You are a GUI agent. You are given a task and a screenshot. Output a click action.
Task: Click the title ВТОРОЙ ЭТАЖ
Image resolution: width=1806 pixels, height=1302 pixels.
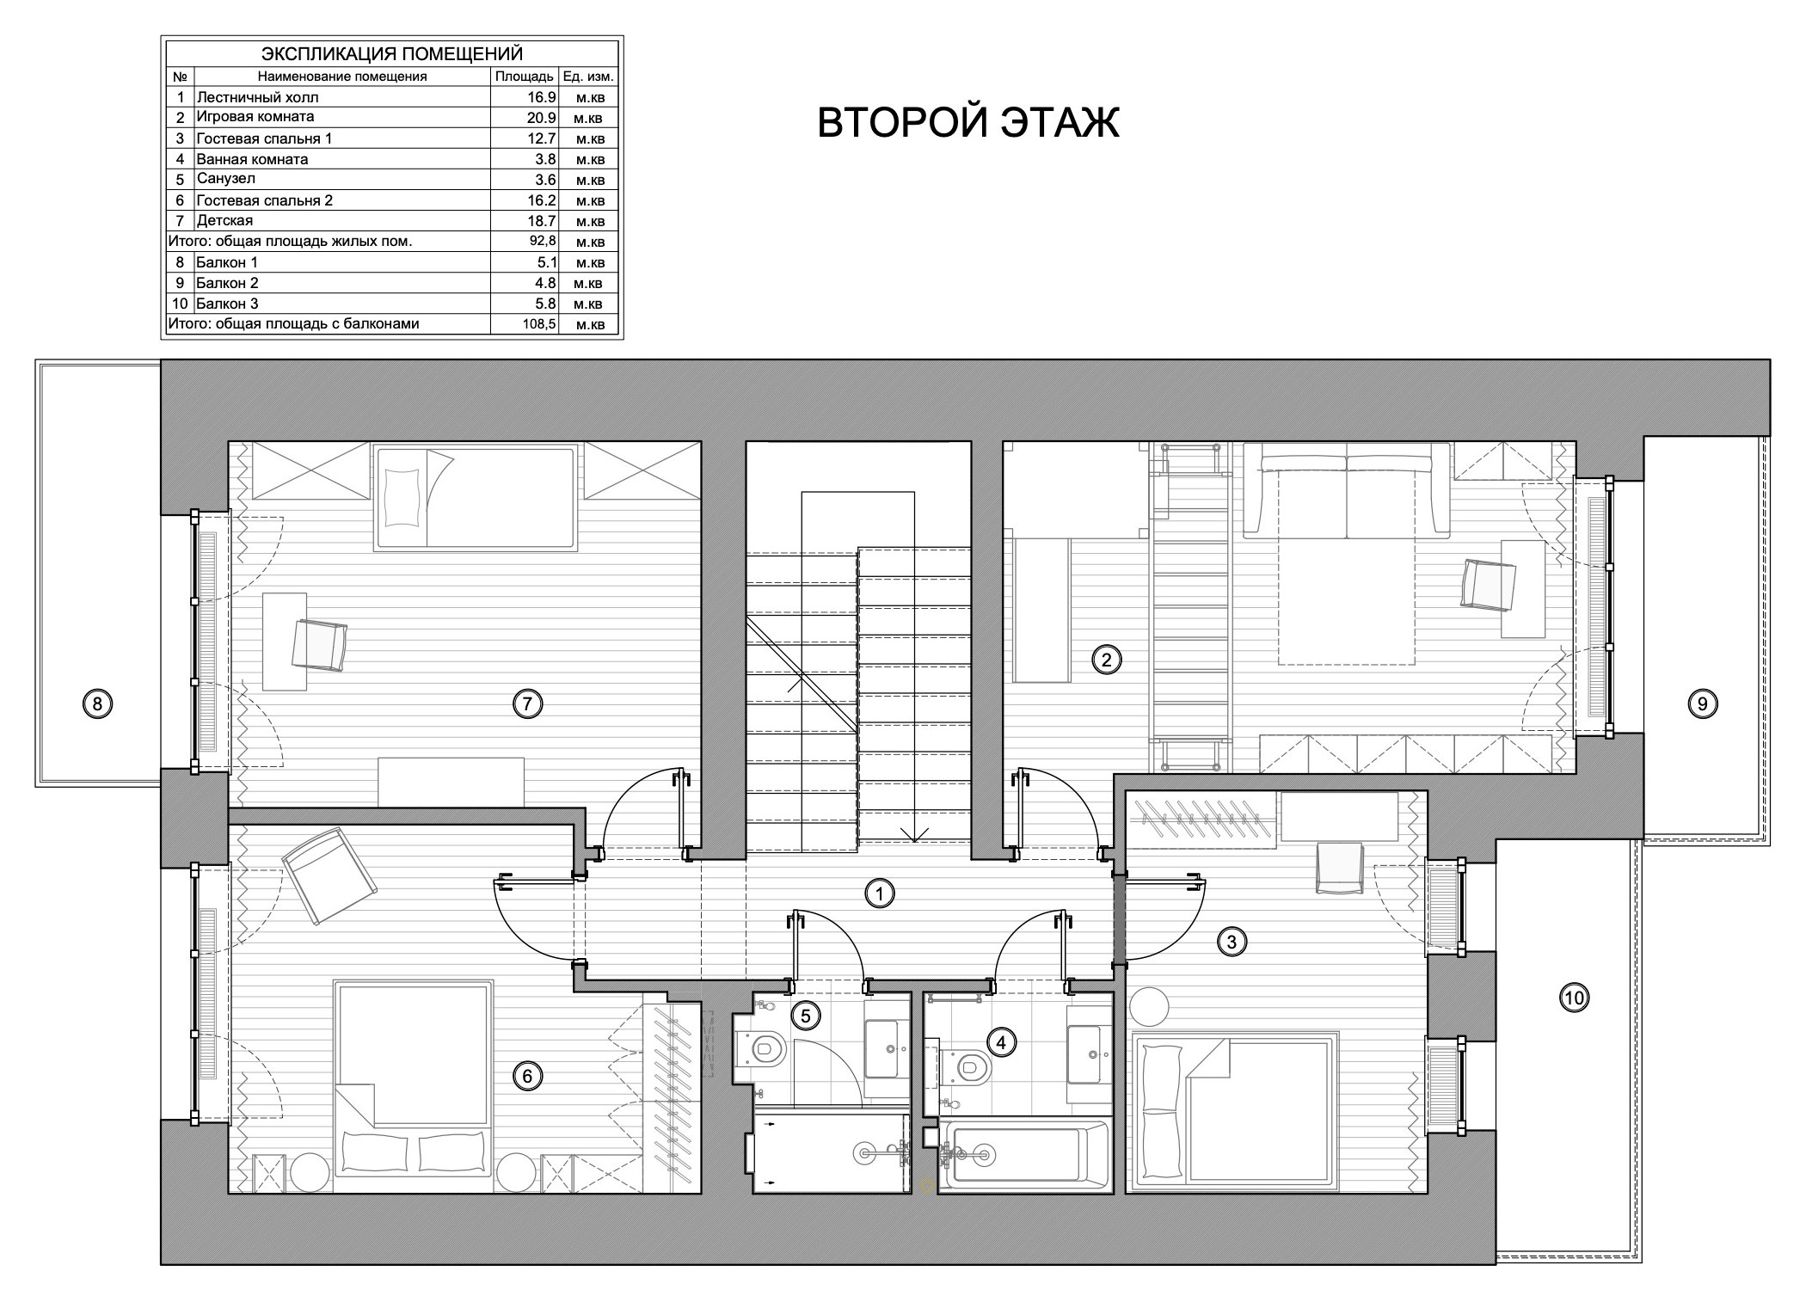pos(967,123)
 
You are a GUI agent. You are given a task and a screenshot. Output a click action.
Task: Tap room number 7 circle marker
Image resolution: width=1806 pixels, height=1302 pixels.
pos(527,704)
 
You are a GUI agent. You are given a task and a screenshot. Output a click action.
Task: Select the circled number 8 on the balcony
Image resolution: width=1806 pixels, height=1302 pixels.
pos(97,705)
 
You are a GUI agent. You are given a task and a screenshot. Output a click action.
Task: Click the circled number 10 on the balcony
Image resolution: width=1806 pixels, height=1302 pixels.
pos(1574,998)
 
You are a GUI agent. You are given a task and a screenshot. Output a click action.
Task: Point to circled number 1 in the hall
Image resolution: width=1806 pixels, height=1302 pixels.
pos(879,894)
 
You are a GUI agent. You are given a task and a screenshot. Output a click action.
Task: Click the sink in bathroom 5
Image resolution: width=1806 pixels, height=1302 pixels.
pos(888,1049)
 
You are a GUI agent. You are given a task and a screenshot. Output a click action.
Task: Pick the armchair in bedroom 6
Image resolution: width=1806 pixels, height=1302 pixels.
pos(329,876)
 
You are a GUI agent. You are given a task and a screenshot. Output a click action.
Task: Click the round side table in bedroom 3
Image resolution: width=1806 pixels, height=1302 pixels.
pos(1149,1004)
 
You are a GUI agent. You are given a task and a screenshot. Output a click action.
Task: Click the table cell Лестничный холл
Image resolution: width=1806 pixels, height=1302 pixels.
pos(257,97)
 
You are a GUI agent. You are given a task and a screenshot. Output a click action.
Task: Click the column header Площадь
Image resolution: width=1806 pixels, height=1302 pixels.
pos(524,77)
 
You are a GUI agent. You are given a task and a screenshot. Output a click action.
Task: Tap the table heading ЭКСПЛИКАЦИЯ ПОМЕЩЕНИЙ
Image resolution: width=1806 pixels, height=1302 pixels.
pos(391,54)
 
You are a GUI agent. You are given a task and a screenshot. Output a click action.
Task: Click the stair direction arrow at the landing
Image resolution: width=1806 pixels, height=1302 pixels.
pos(915,832)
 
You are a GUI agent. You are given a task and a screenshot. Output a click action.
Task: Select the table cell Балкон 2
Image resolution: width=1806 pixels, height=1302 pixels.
pos(227,283)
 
